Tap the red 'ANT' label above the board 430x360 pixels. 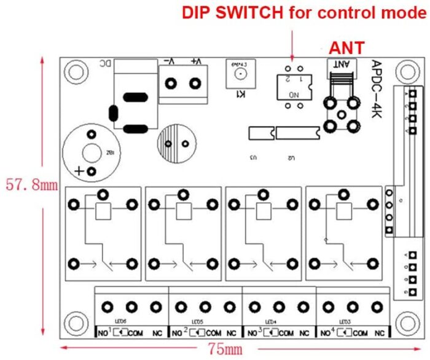[x=347, y=47]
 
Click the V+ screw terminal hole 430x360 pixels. [x=195, y=84]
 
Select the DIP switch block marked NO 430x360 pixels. [x=293, y=86]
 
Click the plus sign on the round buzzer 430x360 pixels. [x=79, y=171]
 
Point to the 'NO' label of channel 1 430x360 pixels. [x=102, y=333]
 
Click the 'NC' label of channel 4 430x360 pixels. [x=379, y=333]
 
